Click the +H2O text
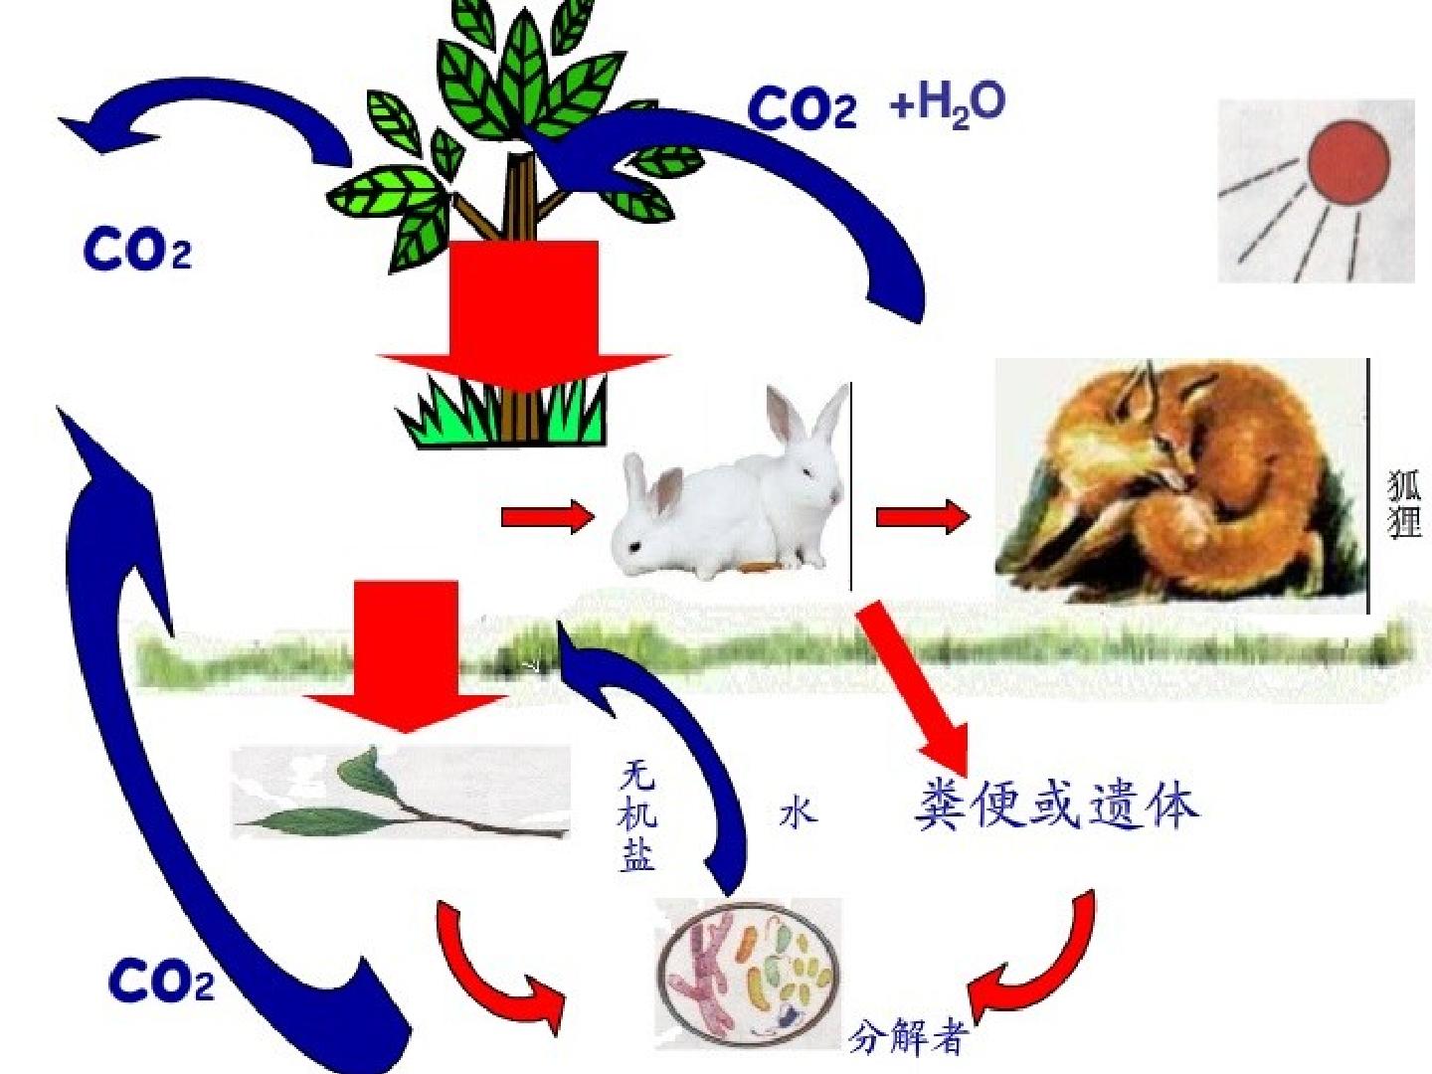point(948,105)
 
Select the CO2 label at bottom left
point(161,983)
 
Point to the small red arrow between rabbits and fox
point(923,517)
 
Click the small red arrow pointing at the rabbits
point(548,516)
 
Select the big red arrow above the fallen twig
point(406,656)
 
